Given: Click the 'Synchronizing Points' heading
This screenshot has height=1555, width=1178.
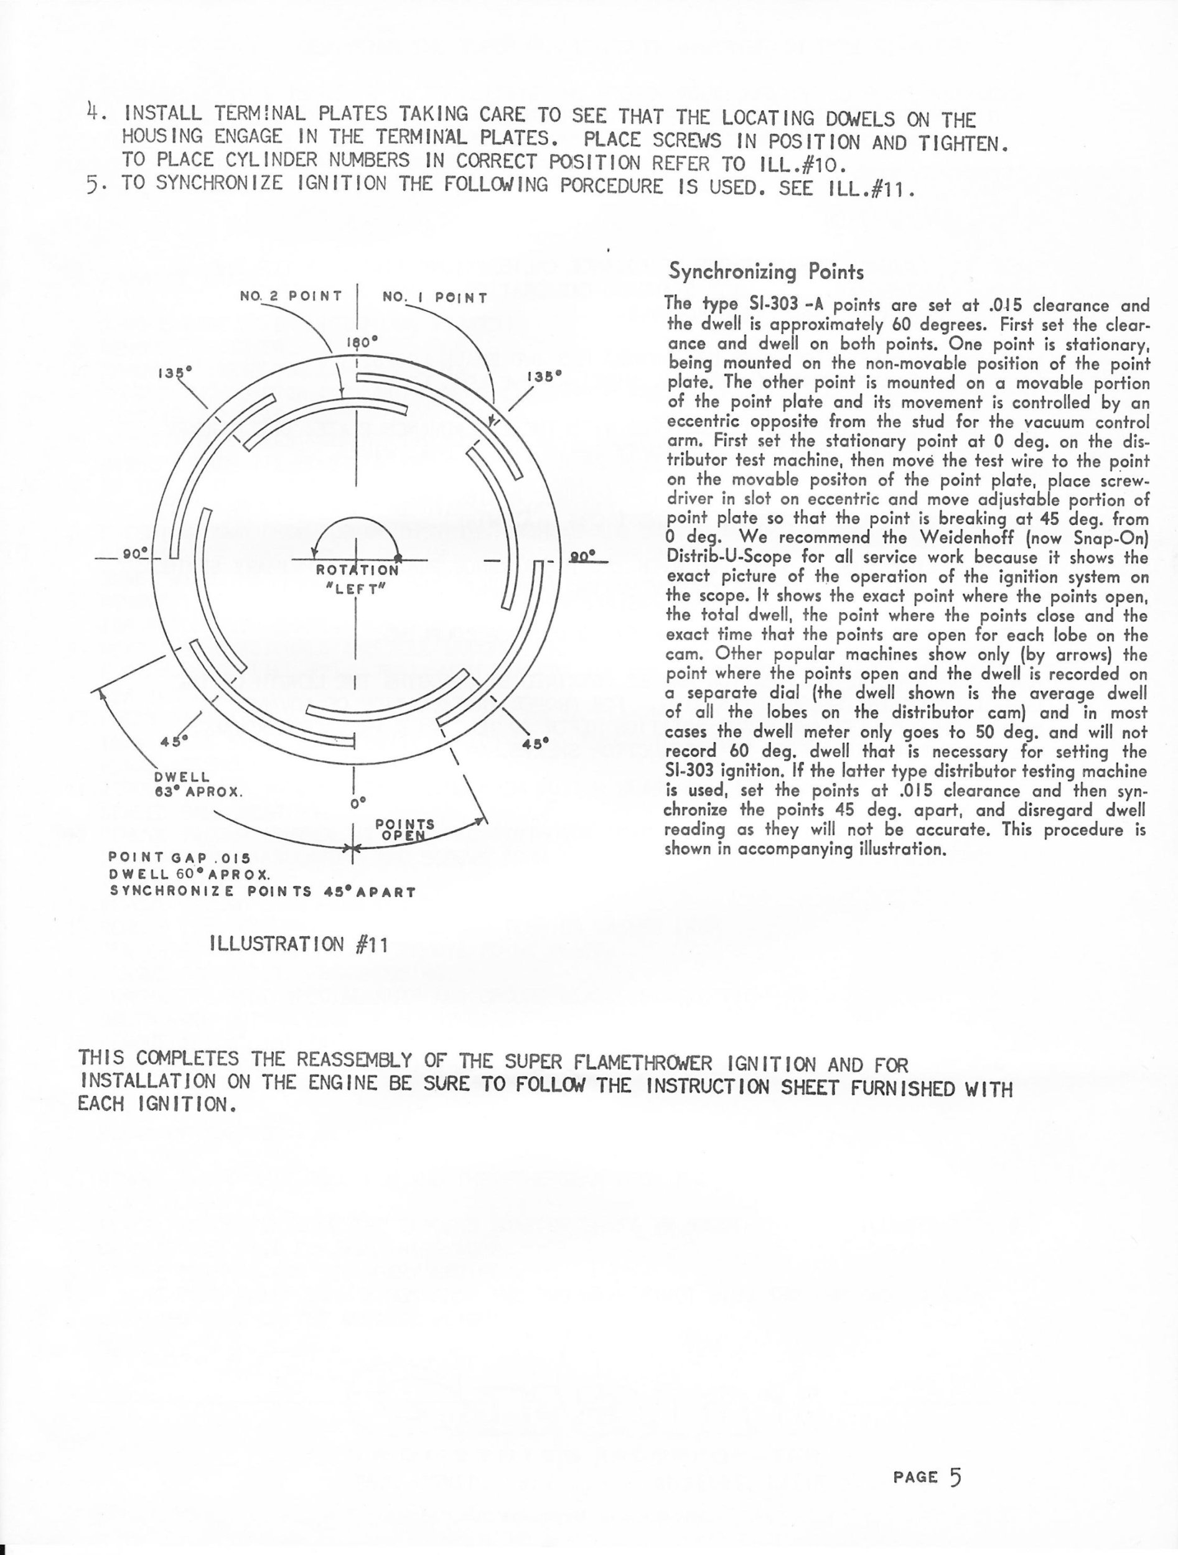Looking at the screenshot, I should coord(766,271).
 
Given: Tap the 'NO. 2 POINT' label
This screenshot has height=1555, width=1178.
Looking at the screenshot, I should coord(291,296).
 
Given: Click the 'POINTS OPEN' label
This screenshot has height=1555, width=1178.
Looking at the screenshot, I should coord(404,830).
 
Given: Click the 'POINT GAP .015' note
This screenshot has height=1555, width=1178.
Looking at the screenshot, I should coord(179,858).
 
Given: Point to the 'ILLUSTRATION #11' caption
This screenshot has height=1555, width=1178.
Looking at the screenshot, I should coord(299,945).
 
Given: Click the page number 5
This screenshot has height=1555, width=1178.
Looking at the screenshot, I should coord(955,1477).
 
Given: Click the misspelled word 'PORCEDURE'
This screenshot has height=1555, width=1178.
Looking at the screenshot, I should coord(610,187).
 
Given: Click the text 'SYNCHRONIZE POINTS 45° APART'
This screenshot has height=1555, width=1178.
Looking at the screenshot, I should coord(263,891).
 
